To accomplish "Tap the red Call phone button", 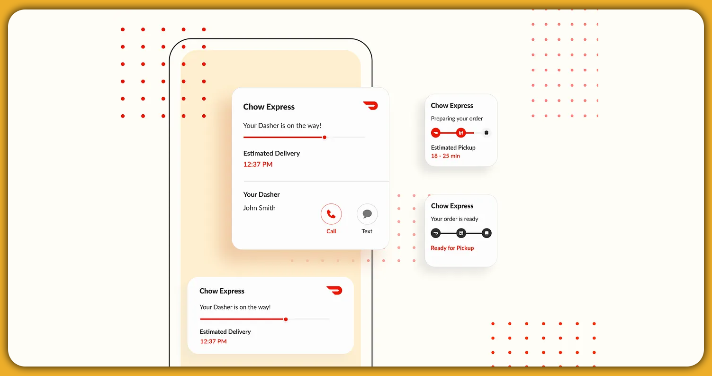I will pos(331,214).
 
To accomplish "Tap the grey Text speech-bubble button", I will pos(367,214).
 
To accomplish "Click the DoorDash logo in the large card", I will pos(370,105).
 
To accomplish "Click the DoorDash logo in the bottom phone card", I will pos(334,290).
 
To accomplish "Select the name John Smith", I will pos(259,208).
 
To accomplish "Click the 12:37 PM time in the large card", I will pos(258,165).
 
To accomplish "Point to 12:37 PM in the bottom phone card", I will pos(213,341).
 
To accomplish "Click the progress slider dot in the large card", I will pos(324,138).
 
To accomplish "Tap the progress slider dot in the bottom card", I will pos(286,319).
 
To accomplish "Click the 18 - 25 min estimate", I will pos(445,156).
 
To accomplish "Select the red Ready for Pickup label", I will pos(452,248).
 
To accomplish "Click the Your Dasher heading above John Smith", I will pos(261,194).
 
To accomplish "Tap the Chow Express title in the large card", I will pos(269,107).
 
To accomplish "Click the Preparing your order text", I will pos(457,119).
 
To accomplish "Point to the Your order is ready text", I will pos(454,219).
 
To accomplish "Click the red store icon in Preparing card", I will pos(461,133).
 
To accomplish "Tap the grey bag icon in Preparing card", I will pos(487,133).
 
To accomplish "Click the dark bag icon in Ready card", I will pos(487,233).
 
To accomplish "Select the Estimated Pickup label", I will pos(453,147).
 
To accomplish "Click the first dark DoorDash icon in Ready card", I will pos(436,233).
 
